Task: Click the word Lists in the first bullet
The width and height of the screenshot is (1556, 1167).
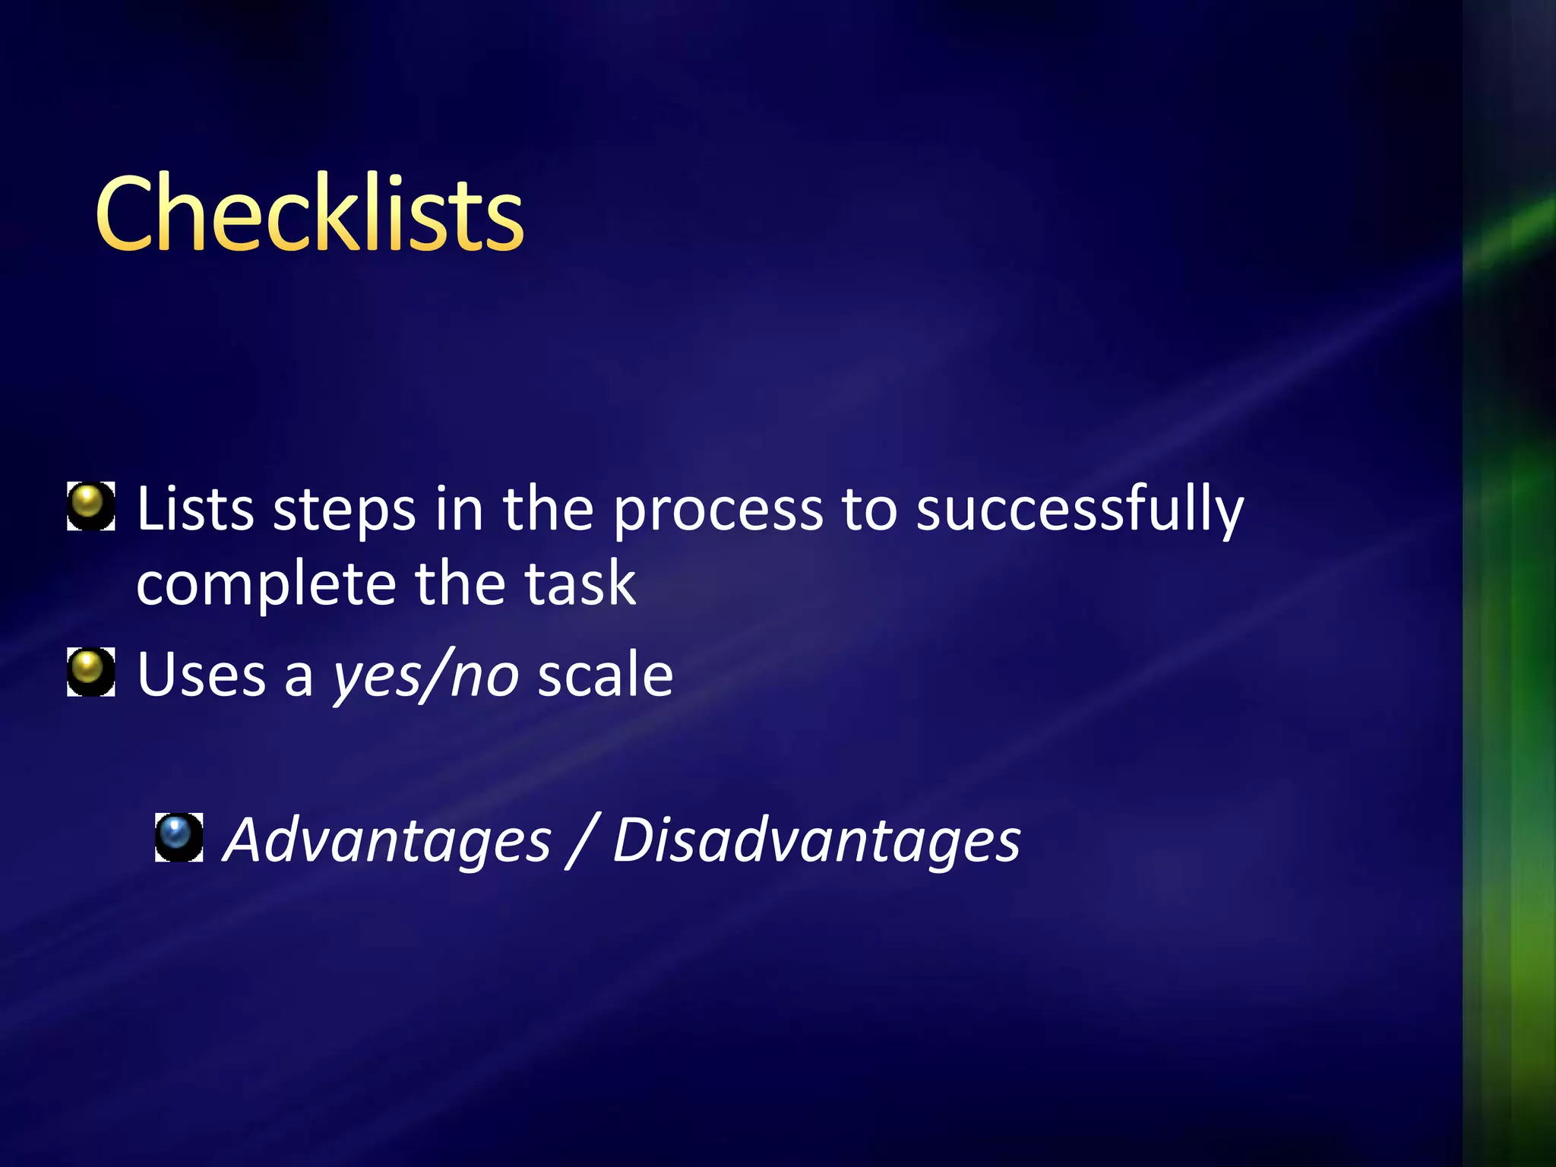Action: [x=195, y=508]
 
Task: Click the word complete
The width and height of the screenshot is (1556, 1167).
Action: [x=266, y=585]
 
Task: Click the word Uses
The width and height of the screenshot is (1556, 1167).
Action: [x=201, y=675]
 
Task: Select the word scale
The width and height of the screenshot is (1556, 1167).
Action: [x=605, y=675]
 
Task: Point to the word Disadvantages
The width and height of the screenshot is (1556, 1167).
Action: [x=817, y=840]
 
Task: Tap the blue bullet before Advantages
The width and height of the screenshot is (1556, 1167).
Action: [x=179, y=837]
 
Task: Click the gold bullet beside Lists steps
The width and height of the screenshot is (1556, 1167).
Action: [x=91, y=505]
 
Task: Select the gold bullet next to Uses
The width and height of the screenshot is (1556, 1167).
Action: [x=91, y=672]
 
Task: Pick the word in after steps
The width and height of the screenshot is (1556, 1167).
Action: [x=459, y=508]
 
